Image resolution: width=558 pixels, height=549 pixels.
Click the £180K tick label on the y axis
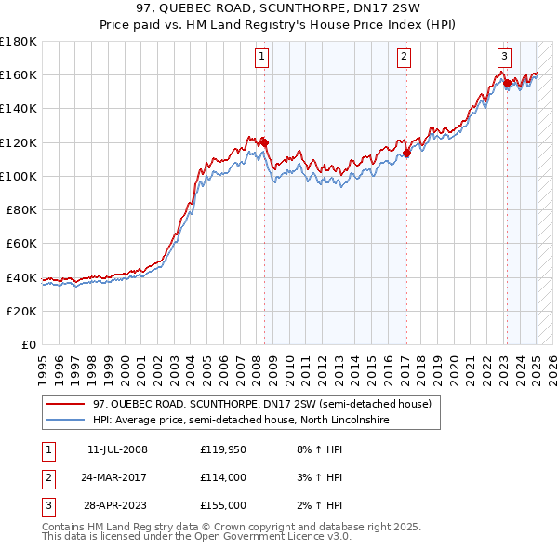coord(19,41)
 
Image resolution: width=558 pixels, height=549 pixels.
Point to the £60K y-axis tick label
coord(21,243)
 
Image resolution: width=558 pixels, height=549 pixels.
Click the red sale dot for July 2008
coord(264,142)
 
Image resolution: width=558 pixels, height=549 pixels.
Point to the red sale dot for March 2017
coord(407,153)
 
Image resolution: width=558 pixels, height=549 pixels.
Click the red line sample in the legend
coord(67,405)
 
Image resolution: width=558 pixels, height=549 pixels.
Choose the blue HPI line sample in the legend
coord(67,421)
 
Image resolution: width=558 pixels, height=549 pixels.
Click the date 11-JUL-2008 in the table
coord(117,450)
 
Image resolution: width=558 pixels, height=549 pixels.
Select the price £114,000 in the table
coord(222,478)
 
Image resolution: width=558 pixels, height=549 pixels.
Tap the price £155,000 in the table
coord(222,505)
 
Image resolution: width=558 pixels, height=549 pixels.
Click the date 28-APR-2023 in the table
coord(117,505)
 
